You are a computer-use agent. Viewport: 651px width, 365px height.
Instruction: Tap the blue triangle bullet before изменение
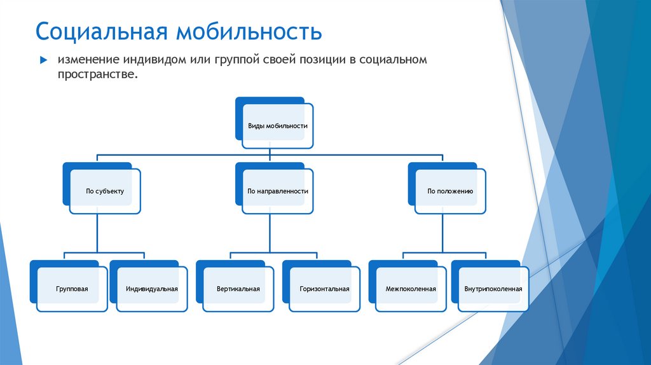point(44,60)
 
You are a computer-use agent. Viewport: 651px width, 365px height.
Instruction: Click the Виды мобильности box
point(277,126)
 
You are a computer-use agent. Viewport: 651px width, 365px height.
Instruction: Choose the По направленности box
point(277,191)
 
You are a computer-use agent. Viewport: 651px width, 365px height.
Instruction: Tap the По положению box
point(450,191)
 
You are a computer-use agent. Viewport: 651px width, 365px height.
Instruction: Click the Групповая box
point(71,289)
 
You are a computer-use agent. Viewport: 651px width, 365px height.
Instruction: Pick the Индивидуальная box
point(151,289)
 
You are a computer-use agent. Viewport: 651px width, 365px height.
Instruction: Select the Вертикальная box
point(237,289)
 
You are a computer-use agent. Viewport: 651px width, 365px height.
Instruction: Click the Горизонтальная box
point(324,289)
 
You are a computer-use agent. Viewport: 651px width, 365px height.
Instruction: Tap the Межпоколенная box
point(411,289)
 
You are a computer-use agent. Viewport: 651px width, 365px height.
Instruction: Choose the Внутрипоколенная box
point(493,289)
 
